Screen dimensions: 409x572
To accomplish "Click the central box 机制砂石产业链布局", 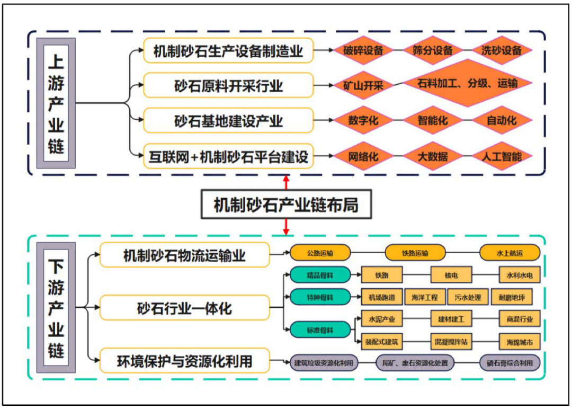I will pos(286,204).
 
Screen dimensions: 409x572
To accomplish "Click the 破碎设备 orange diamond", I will pos(363,51).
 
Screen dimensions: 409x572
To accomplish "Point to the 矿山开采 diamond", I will pos(363,85).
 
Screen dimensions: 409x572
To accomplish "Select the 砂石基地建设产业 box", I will pos(228,121).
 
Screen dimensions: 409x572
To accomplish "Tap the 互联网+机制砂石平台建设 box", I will pos(228,157).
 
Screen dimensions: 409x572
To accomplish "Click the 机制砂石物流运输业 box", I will pos(184,256).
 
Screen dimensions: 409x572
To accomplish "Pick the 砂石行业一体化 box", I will pos(184,308).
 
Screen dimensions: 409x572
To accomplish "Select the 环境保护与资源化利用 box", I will pos(184,362).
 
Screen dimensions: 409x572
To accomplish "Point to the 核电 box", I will pos(451,275).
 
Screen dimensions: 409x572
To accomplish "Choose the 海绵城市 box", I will pos(520,342).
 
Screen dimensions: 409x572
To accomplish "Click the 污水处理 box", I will pos(468,298).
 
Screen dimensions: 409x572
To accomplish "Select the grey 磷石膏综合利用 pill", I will pos(510,363).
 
